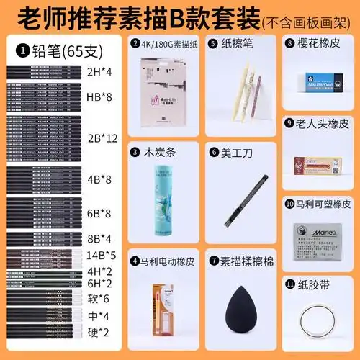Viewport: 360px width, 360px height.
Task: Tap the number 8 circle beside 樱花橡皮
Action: (289, 43)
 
